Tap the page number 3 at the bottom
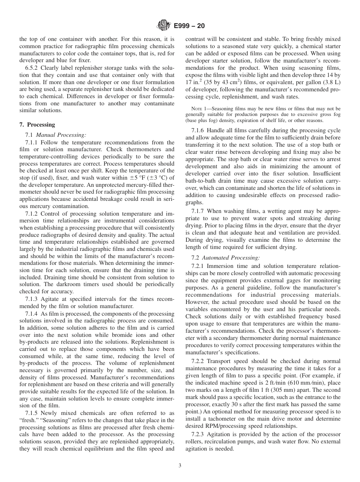[x=180, y=465]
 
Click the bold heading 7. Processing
[x=37, y=125]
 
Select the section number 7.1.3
[x=33, y=299]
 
